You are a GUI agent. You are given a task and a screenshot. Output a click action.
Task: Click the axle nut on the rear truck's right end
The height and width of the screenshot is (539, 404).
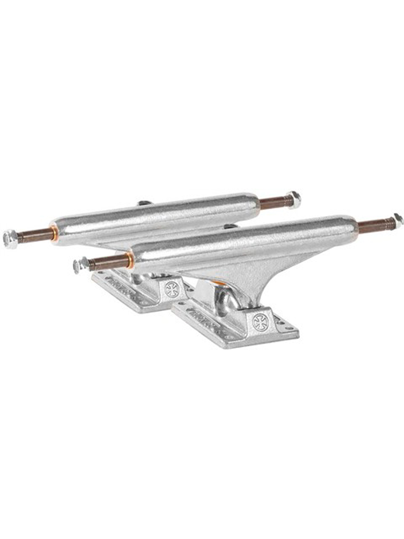pyautogui.click(x=294, y=199)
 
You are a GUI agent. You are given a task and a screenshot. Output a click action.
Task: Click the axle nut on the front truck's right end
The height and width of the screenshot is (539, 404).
pyautogui.click(x=398, y=220)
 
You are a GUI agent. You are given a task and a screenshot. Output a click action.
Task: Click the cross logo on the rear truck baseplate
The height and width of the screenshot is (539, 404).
pyautogui.click(x=171, y=289)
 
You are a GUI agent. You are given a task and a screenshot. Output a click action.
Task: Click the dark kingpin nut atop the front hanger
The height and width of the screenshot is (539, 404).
pyautogui.click(x=230, y=226)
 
